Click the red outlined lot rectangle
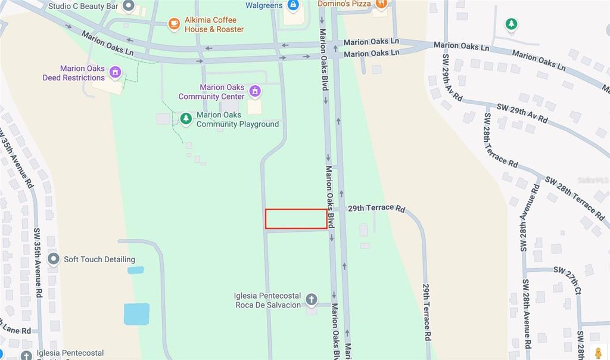tap(296, 219)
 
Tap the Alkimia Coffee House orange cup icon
tap(174, 24)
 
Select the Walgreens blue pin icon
tap(293, 5)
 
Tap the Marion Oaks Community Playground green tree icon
tap(186, 119)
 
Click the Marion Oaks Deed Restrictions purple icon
tap(116, 73)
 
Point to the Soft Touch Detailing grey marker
tap(54, 259)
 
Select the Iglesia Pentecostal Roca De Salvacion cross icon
tap(311, 299)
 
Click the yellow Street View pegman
tap(597, 352)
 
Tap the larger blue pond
tap(136, 314)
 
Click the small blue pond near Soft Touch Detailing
tap(136, 270)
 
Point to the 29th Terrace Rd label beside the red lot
tap(376, 209)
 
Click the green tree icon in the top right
tap(511, 24)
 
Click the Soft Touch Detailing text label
tap(99, 259)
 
